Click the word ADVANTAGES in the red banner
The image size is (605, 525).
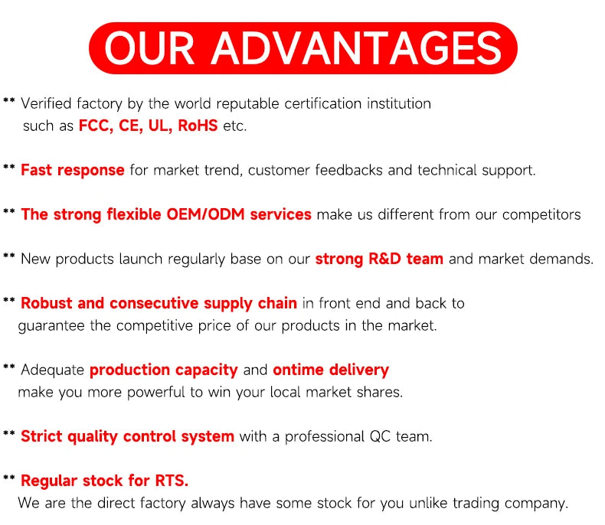357,48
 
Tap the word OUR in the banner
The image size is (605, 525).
149,48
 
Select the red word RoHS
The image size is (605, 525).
198,126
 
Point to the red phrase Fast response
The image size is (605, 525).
73,171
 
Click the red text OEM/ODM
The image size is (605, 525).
206,214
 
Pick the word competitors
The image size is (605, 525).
541,215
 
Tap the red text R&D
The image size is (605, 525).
384,259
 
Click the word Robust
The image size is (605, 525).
46,303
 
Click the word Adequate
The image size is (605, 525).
53,370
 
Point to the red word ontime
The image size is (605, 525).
298,370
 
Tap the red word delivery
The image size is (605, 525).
359,370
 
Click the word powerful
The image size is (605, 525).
156,393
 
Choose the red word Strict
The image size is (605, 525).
41,436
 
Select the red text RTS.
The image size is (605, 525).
172,481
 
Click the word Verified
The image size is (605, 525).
46,103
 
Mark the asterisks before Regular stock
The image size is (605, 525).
9,478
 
